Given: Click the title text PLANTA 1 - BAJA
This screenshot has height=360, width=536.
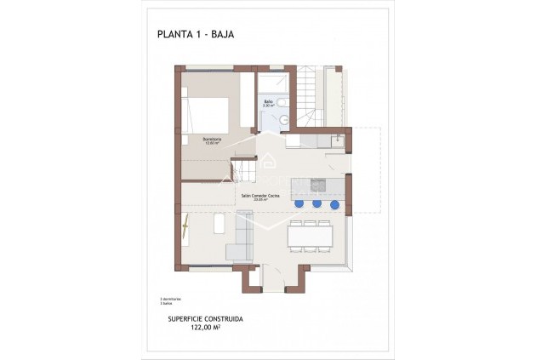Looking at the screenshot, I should [195, 35].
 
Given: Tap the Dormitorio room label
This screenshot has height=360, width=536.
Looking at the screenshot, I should [212, 140].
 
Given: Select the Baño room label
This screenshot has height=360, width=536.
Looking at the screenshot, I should [268, 103].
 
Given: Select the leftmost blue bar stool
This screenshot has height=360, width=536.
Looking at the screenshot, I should [299, 203].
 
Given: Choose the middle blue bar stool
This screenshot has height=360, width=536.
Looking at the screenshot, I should [316, 203].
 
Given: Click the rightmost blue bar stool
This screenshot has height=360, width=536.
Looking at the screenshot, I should [334, 204].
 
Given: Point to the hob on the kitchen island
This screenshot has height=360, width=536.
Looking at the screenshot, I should [317, 185].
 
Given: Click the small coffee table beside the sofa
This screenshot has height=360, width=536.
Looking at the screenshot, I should [218, 225].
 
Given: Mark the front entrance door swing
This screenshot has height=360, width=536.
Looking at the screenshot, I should [272, 277].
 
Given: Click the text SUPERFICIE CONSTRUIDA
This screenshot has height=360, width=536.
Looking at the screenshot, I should [205, 318].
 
